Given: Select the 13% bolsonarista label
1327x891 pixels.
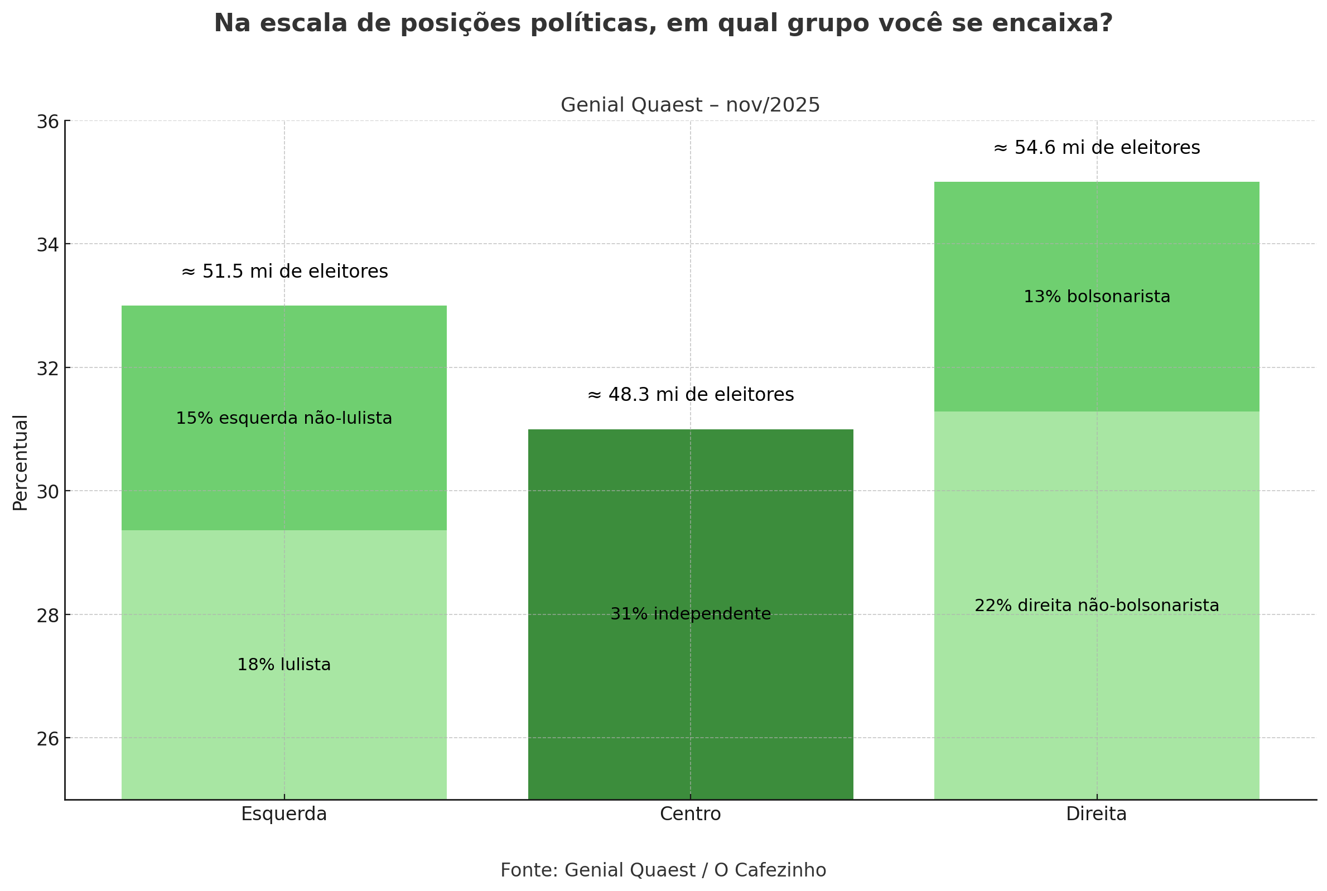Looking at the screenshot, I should [x=1096, y=297].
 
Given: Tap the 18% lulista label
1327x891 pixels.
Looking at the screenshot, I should [x=283, y=665].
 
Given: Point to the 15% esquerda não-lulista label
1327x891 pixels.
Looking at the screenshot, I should [x=283, y=419].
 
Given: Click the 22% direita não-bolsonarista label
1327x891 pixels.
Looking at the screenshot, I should [x=1096, y=606].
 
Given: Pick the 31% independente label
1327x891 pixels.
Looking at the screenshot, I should [x=690, y=614].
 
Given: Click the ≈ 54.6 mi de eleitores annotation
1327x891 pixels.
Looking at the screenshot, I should [x=1096, y=148].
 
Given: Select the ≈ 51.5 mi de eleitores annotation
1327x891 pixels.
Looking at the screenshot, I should [x=284, y=272].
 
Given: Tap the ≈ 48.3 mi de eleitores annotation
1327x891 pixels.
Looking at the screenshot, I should [x=690, y=395].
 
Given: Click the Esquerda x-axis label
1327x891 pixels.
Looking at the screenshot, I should [x=283, y=814].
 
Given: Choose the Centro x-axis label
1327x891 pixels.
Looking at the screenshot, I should [x=690, y=814].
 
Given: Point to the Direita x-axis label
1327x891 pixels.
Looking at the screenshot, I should [x=1096, y=814].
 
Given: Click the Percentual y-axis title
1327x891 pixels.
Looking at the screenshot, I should [x=20, y=463].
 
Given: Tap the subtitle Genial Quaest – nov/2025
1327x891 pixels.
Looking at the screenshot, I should [x=690, y=105].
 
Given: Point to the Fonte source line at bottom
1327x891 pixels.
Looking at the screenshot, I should [x=663, y=870].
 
